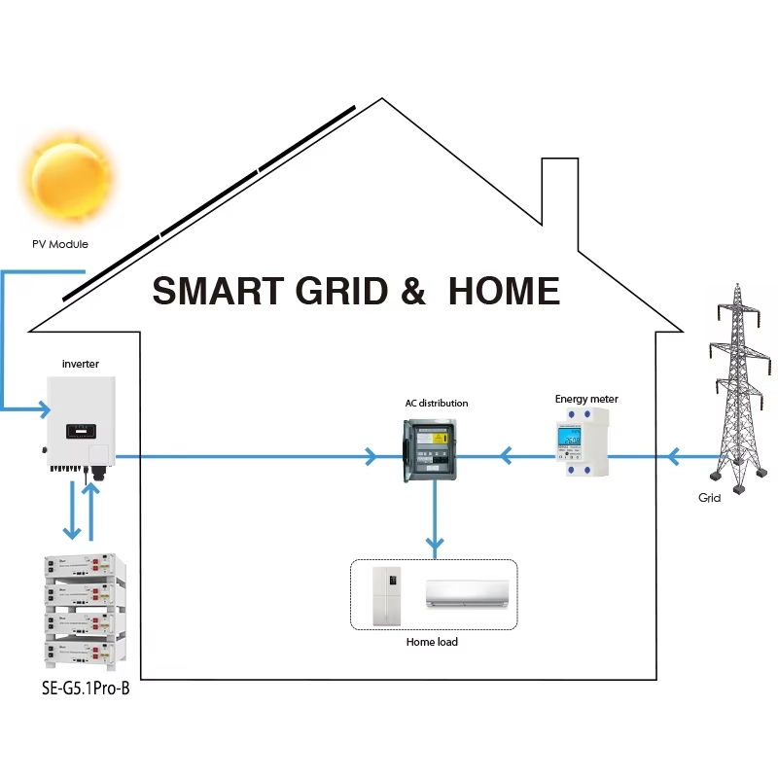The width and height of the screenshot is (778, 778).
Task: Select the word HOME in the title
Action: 504,292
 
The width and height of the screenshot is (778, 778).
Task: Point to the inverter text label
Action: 80,364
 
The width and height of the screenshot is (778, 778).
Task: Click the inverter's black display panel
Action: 81,429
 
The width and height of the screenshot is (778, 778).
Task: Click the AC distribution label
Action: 437,403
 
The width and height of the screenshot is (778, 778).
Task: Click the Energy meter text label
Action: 586,399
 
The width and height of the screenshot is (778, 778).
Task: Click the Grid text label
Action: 710,498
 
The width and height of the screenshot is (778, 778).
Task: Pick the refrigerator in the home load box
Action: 387,596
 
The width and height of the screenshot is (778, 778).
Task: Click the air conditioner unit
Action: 467,593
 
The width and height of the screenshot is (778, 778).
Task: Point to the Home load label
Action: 432,642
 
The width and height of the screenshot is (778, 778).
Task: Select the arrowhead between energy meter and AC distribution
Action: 505,454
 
